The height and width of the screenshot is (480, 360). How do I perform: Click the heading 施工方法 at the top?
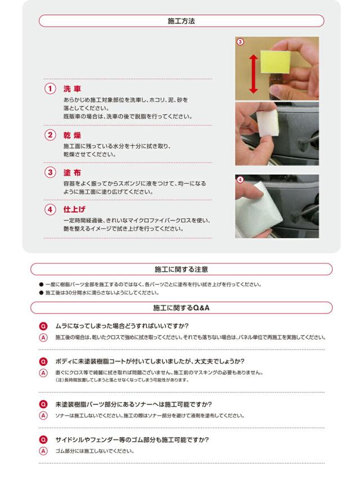[181, 21]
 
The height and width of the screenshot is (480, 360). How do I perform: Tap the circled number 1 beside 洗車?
[50, 89]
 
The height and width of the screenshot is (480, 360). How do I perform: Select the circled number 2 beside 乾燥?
[50, 135]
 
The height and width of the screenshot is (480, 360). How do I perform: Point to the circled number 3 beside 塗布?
[50, 172]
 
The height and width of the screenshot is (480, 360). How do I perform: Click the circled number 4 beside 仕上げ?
[50, 210]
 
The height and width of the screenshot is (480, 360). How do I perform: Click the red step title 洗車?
[72, 89]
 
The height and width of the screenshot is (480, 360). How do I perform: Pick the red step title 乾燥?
[72, 135]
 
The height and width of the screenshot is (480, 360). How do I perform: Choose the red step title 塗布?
[72, 173]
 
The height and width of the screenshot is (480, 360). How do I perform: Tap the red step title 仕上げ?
[74, 209]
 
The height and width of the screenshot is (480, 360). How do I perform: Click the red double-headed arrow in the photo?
[254, 74]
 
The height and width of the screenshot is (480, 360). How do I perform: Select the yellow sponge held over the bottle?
[275, 62]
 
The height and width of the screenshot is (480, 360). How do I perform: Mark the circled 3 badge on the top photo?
[240, 42]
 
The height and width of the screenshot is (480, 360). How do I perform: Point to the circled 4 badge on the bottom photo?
[240, 180]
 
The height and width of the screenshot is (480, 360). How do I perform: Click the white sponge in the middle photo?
[268, 123]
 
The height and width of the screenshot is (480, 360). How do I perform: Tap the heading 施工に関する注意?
[181, 270]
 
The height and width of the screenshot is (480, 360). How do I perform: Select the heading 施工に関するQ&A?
[181, 308]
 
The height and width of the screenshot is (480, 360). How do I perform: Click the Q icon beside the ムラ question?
[43, 326]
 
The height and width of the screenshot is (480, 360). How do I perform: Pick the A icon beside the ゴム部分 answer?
[43, 451]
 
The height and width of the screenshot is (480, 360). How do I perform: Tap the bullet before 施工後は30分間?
[41, 293]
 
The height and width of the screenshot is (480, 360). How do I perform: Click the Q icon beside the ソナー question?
[43, 405]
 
